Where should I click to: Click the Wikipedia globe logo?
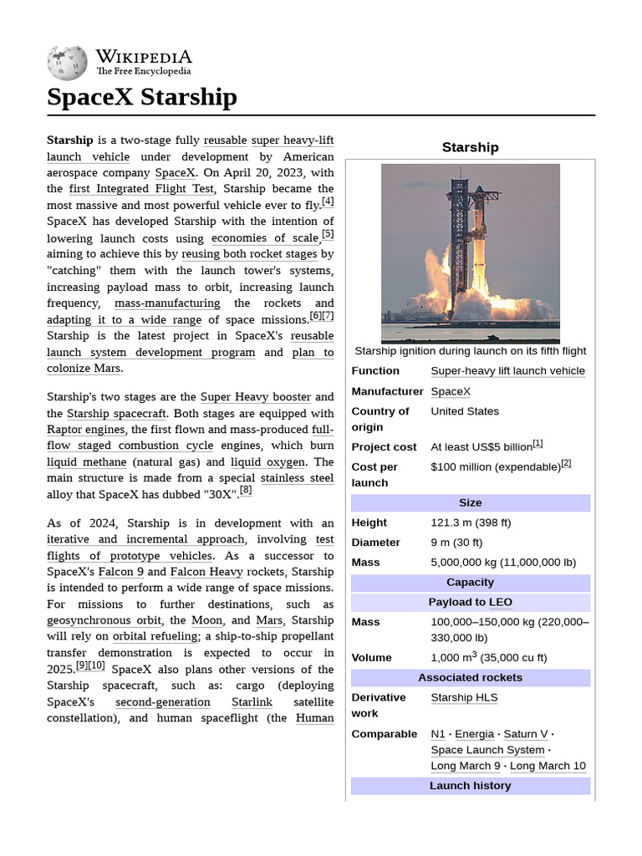click(x=67, y=62)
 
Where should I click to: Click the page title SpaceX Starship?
click(x=142, y=97)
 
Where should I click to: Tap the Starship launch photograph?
click(x=470, y=252)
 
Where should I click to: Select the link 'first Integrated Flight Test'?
click(x=142, y=189)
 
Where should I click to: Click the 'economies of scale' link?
click(x=264, y=238)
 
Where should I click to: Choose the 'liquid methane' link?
click(x=87, y=462)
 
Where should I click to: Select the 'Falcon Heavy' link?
click(x=206, y=572)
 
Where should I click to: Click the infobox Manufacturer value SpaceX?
click(x=451, y=391)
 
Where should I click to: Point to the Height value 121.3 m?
click(x=471, y=522)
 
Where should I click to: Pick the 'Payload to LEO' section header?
click(x=470, y=602)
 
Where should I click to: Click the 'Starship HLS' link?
click(x=464, y=697)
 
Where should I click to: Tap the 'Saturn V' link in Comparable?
click(x=526, y=734)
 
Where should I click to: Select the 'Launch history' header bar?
click(x=470, y=786)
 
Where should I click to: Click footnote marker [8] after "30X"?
click(x=246, y=491)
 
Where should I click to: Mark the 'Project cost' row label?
click(x=384, y=447)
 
